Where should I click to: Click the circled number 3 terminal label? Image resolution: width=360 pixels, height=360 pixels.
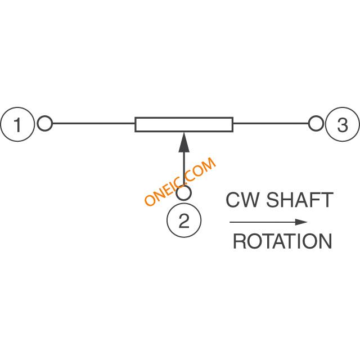tap(343, 124)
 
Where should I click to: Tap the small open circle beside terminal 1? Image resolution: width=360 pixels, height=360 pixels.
tap(45, 123)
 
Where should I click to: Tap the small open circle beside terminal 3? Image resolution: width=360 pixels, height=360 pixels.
tap(316, 123)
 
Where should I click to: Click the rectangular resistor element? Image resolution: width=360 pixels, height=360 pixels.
tap(184, 124)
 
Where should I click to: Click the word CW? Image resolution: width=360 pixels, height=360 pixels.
tap(241, 200)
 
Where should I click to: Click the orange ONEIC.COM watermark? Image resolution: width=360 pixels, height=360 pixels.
tap(180, 182)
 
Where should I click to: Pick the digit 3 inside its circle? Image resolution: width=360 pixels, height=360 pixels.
tap(343, 124)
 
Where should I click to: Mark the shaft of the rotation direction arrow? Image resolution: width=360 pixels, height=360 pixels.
tap(262, 222)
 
